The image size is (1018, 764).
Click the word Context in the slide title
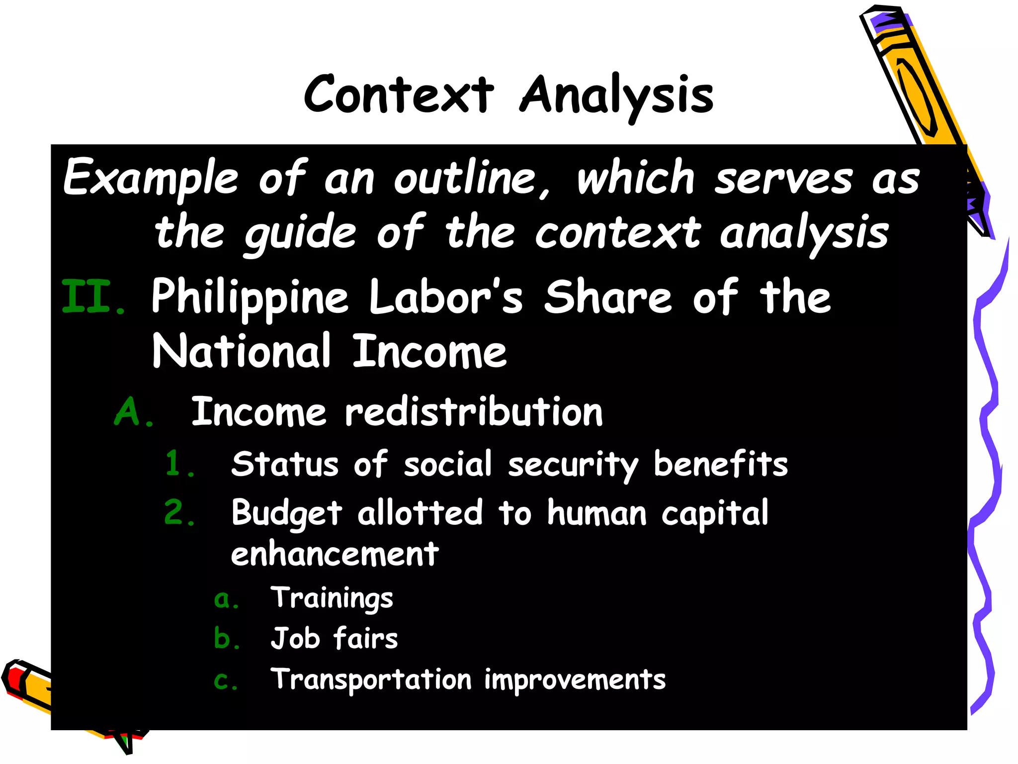coord(399,95)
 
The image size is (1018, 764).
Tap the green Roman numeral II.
coord(93,297)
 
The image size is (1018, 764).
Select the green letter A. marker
coord(133,412)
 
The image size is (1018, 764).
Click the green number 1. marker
coord(179,464)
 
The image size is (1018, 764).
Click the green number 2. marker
coord(179,513)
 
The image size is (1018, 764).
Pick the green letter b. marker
coord(226,639)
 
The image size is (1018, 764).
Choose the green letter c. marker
coord(226,680)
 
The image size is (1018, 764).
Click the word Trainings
coord(332,598)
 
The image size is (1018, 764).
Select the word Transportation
coord(371,679)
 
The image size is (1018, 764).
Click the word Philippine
coord(250,297)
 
